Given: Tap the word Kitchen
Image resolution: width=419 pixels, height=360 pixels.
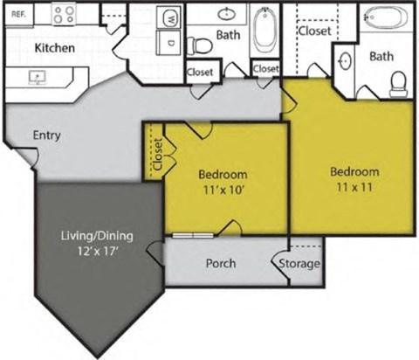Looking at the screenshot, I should click(x=53, y=48).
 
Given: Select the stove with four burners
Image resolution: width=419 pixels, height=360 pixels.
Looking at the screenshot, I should click(x=64, y=13).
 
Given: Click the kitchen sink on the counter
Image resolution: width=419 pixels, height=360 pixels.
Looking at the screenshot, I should click(x=38, y=76).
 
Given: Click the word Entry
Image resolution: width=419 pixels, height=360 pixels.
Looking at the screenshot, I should click(x=46, y=135).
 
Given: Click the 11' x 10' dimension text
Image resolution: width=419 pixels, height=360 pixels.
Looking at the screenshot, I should click(x=223, y=187).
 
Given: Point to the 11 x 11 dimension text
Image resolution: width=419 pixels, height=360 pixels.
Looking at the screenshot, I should click(x=354, y=186).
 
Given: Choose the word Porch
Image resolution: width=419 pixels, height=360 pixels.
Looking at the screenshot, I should click(x=220, y=263).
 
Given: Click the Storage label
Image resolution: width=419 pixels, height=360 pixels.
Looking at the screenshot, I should click(x=299, y=263).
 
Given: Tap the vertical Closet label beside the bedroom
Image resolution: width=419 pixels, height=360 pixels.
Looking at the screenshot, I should click(x=157, y=155).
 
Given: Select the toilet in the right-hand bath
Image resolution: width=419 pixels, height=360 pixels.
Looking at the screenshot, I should click(x=399, y=83).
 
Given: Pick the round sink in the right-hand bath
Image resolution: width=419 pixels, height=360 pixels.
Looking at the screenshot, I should click(x=346, y=61).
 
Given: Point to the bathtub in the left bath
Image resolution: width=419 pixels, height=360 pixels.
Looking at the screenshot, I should click(x=264, y=30).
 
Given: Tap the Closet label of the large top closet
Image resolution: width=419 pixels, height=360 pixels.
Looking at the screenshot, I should click(x=314, y=30).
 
